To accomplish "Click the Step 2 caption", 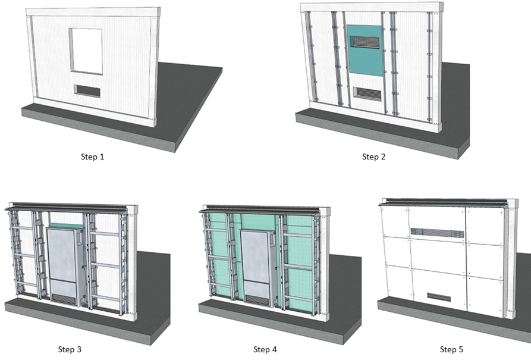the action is coord(374,157).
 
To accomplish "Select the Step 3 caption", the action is coord(70,349).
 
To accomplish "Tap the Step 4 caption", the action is coord(265,349).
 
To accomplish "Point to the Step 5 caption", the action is coord(451,349).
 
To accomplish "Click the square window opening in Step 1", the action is coord(86,51).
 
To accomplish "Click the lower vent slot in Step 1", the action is coord(87,91).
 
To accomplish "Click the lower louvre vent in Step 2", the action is coord(366,93).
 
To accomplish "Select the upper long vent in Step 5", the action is coord(436,231).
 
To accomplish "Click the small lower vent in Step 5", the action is coord(439,296).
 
